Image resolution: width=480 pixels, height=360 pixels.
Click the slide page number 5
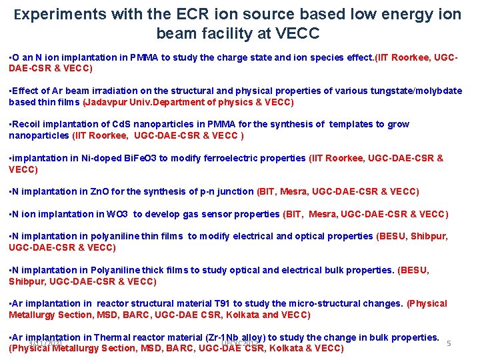449,343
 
